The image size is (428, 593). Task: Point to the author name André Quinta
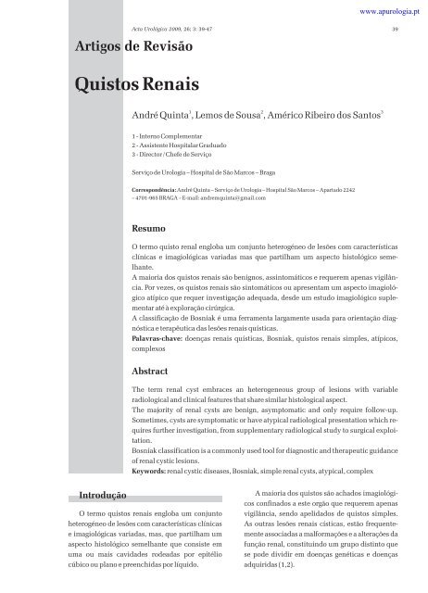tap(163, 121)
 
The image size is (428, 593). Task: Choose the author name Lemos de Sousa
tap(228, 121)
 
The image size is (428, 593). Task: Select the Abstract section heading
tap(151, 370)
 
